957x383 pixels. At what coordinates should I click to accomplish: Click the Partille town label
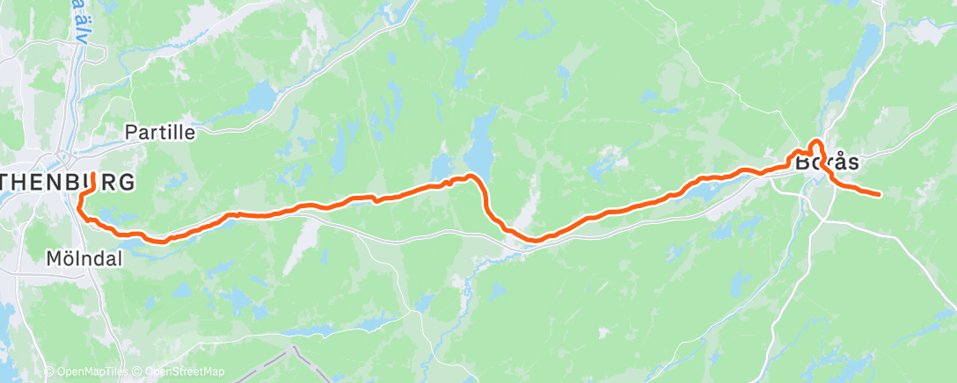pyautogui.click(x=160, y=132)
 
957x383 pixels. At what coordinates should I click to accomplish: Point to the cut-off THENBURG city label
pyautogui.click(x=68, y=183)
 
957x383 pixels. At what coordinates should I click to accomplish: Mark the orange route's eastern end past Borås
pyautogui.click(x=879, y=193)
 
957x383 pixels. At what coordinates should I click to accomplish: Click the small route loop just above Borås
pyautogui.click(x=815, y=145)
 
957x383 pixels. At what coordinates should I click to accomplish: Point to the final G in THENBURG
pyautogui.click(x=128, y=183)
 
